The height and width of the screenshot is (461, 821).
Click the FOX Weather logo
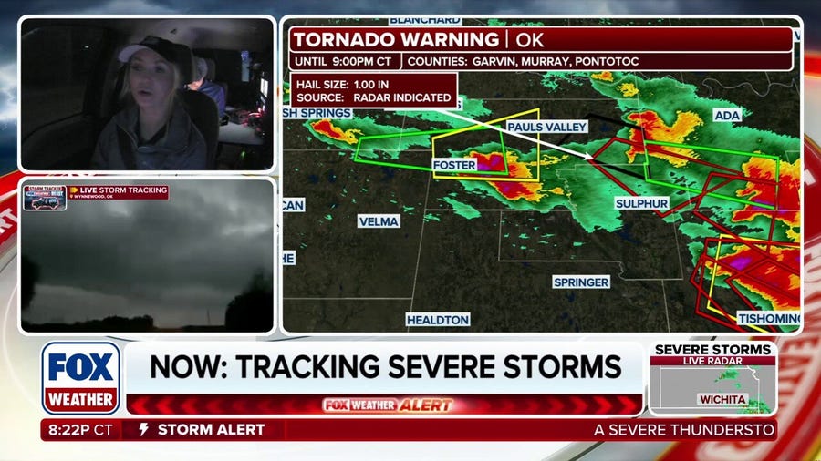(80, 377)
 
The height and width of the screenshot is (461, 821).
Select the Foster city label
(454, 165)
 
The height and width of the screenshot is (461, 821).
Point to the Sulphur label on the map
(641, 203)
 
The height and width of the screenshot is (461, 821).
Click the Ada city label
(727, 117)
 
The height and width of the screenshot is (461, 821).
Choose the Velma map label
(379, 221)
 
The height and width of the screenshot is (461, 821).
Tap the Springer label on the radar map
(581, 282)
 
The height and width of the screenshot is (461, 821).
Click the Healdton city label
(438, 320)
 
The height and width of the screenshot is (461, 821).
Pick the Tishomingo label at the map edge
(768, 318)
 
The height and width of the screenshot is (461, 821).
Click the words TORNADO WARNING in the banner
(396, 39)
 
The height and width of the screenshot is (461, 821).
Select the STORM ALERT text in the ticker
(211, 429)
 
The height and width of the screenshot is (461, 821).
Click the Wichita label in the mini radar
(722, 399)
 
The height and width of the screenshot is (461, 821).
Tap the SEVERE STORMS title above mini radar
(712, 349)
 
